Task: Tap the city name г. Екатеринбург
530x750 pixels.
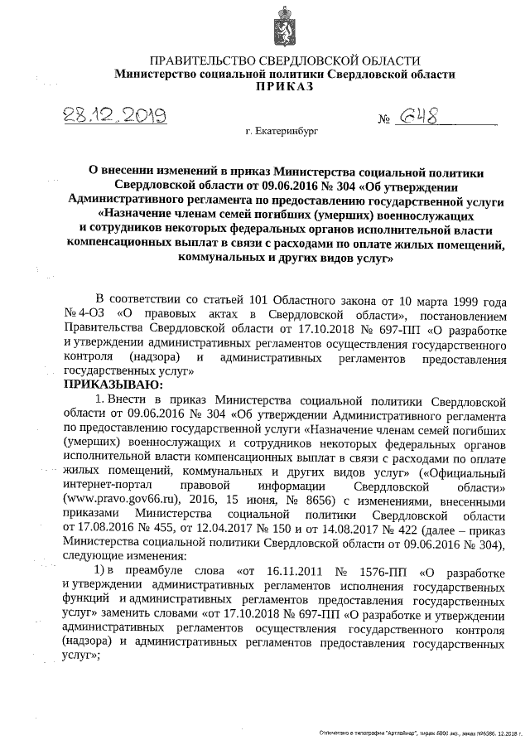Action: (282, 131)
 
